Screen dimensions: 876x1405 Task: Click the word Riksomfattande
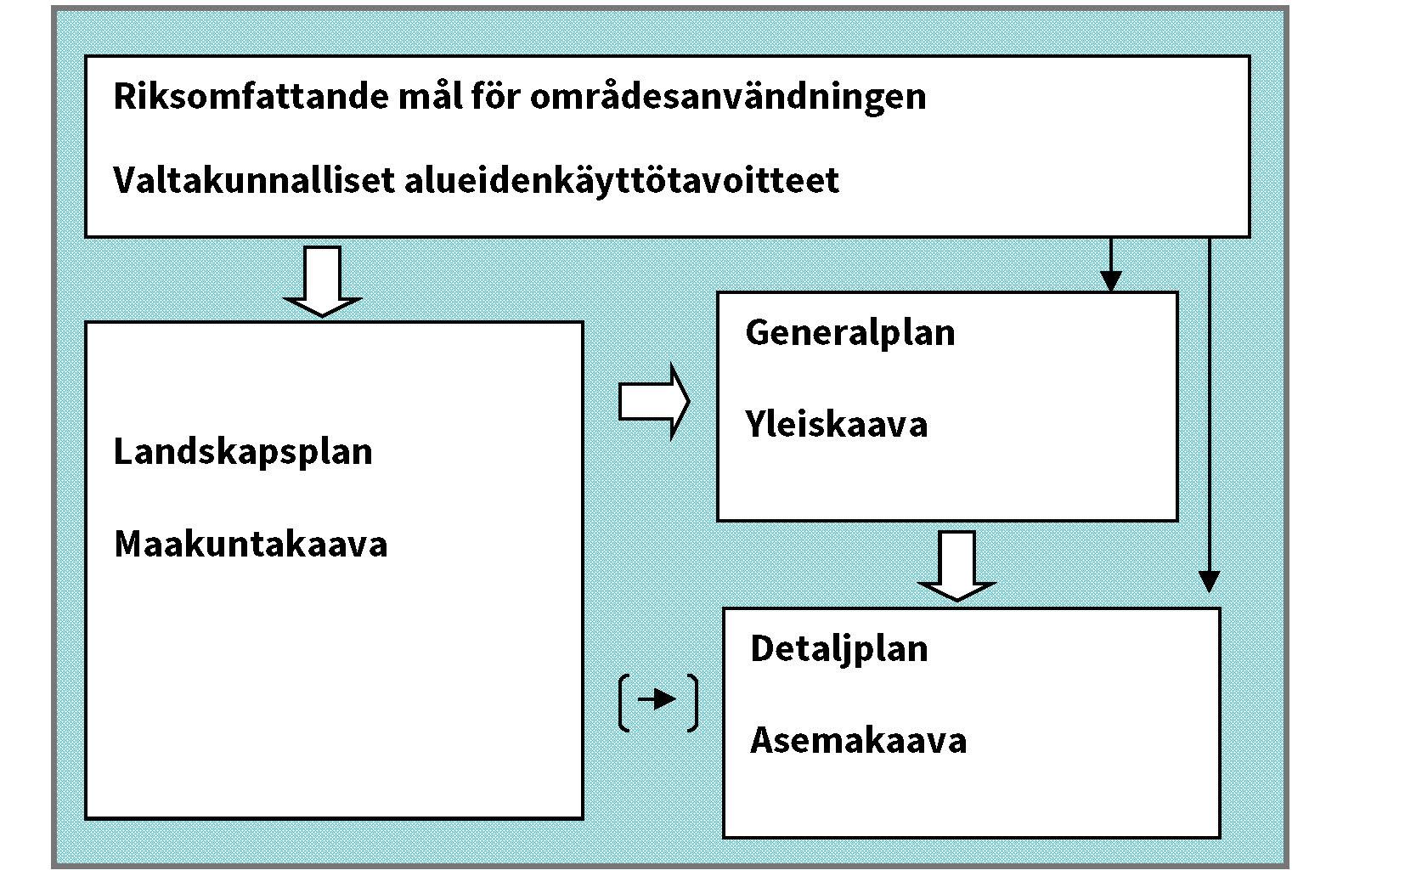coord(252,96)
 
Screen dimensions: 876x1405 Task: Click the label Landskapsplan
coord(243,451)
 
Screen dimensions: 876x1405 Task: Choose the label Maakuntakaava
coord(251,544)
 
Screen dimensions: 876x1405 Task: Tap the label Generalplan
coord(850,332)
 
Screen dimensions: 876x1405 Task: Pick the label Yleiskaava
coord(837,424)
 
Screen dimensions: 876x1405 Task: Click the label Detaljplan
coord(839,649)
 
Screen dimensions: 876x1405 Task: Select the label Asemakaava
coord(859,741)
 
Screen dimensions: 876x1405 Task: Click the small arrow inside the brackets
coord(657,699)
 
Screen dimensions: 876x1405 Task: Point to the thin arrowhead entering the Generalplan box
coord(1111,280)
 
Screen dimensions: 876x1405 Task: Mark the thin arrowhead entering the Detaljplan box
coord(1210,581)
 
